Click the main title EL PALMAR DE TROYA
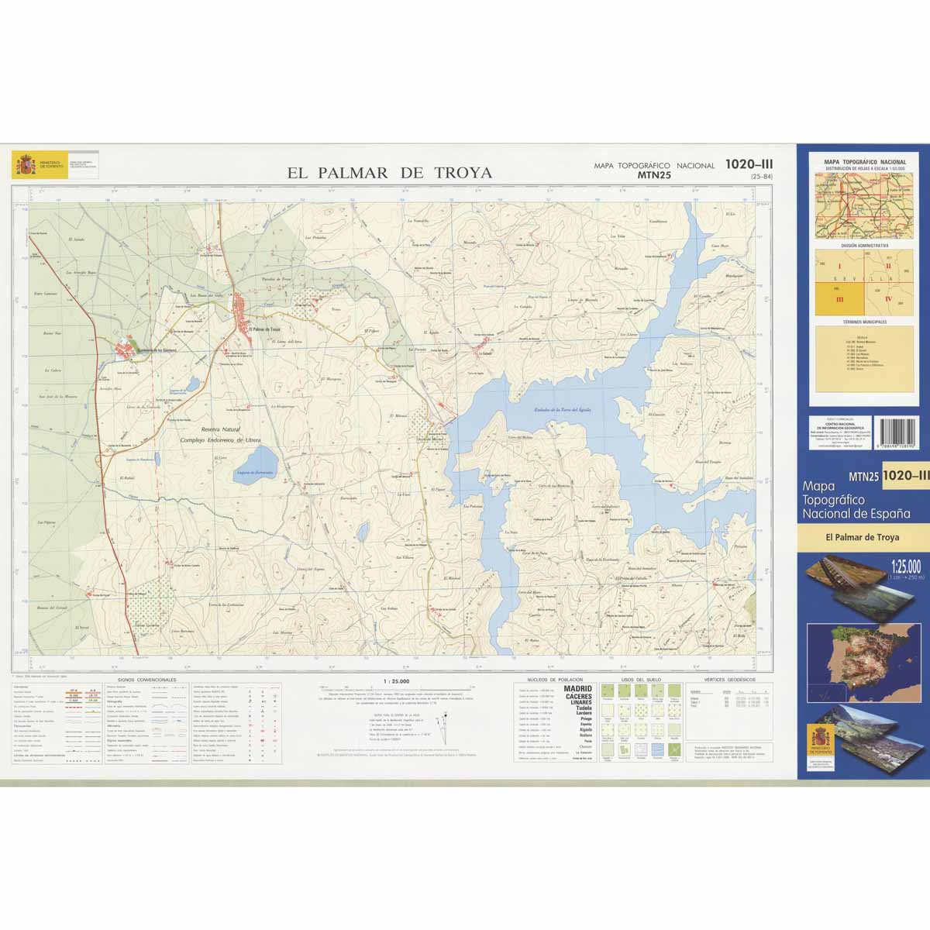pos(389,173)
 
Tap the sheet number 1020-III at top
pos(749,164)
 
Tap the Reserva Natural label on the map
pos(221,429)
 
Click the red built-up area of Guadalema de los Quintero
pos(124,351)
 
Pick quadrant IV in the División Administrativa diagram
pos(889,298)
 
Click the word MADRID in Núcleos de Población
pos(577,688)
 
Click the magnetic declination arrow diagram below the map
pos(441,728)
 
